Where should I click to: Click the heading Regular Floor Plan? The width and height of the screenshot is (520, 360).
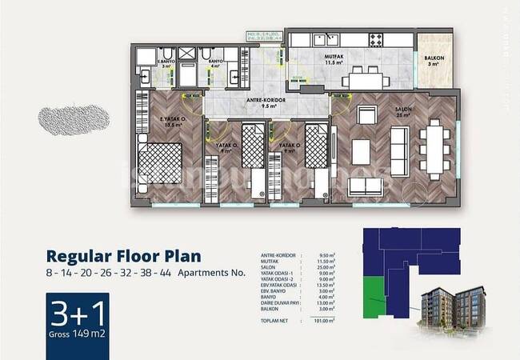pos(123,257)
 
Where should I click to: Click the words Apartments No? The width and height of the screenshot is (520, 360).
pos(222,273)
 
